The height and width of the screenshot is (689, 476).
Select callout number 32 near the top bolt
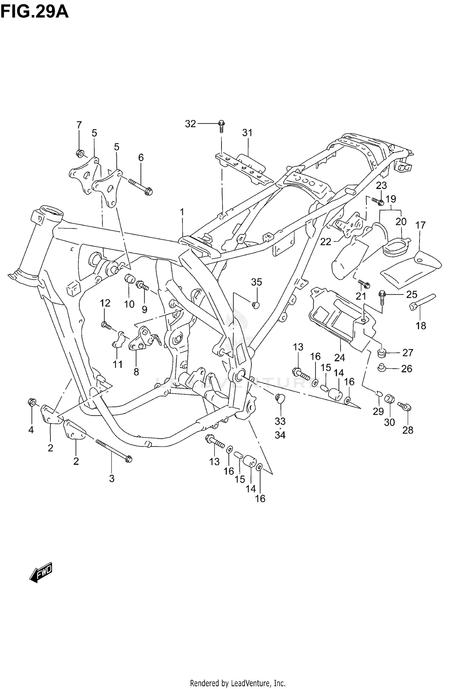coord(190,124)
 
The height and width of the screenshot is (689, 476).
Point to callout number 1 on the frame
coord(182,212)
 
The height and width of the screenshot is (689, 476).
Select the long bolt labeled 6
coord(141,186)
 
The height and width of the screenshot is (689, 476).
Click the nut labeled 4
coord(32,402)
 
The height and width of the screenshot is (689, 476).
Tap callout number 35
coord(256,282)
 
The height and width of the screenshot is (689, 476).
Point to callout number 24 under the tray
coord(339,358)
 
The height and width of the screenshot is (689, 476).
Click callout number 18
coord(421,326)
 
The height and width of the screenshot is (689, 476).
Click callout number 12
coord(105,303)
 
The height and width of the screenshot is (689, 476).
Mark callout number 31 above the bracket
coord(247,133)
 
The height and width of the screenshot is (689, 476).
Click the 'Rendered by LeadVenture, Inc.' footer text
coord(238,680)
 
